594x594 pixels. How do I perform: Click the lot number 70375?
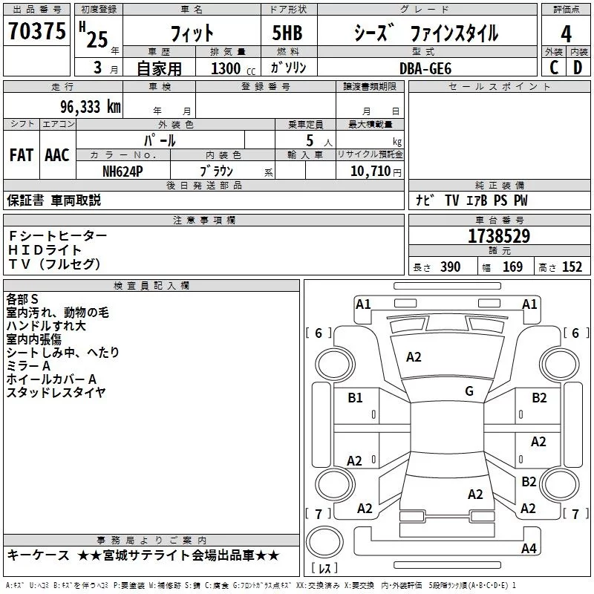pos(36,32)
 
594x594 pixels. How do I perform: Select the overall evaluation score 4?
pos(566,33)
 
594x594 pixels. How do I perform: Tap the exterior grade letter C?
pos(553,68)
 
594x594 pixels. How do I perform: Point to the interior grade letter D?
pos(578,68)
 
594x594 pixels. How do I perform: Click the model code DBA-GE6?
pos(425,68)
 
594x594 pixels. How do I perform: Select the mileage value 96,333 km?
pos(86,107)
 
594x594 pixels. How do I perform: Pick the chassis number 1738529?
pos(499,237)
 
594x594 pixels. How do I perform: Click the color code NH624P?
pos(123,171)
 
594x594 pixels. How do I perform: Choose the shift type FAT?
pos(21,155)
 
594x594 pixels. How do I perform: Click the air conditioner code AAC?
pos(56,155)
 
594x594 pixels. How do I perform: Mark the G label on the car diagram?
pos(469,391)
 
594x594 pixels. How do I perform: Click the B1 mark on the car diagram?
pos(355,398)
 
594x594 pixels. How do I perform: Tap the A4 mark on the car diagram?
pos(529,548)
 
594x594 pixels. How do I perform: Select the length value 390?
pos(450,267)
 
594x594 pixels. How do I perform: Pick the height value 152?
pos(572,267)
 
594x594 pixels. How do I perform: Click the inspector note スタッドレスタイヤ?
pos(56,393)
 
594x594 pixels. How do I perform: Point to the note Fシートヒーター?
pos(57,235)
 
